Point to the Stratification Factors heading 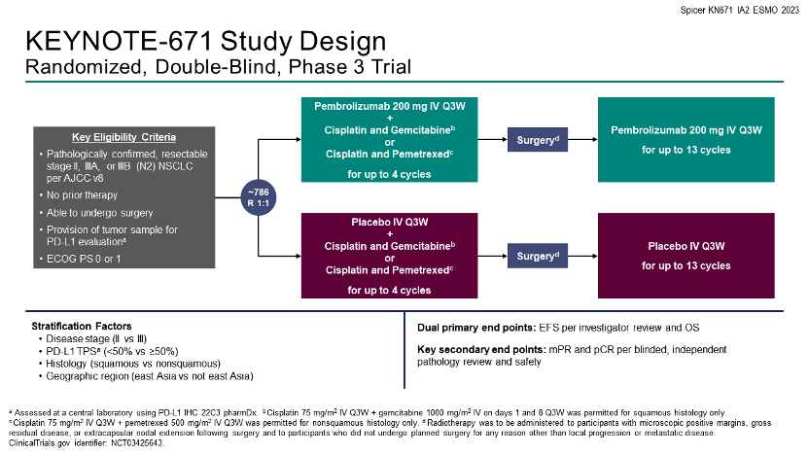point(82,326)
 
